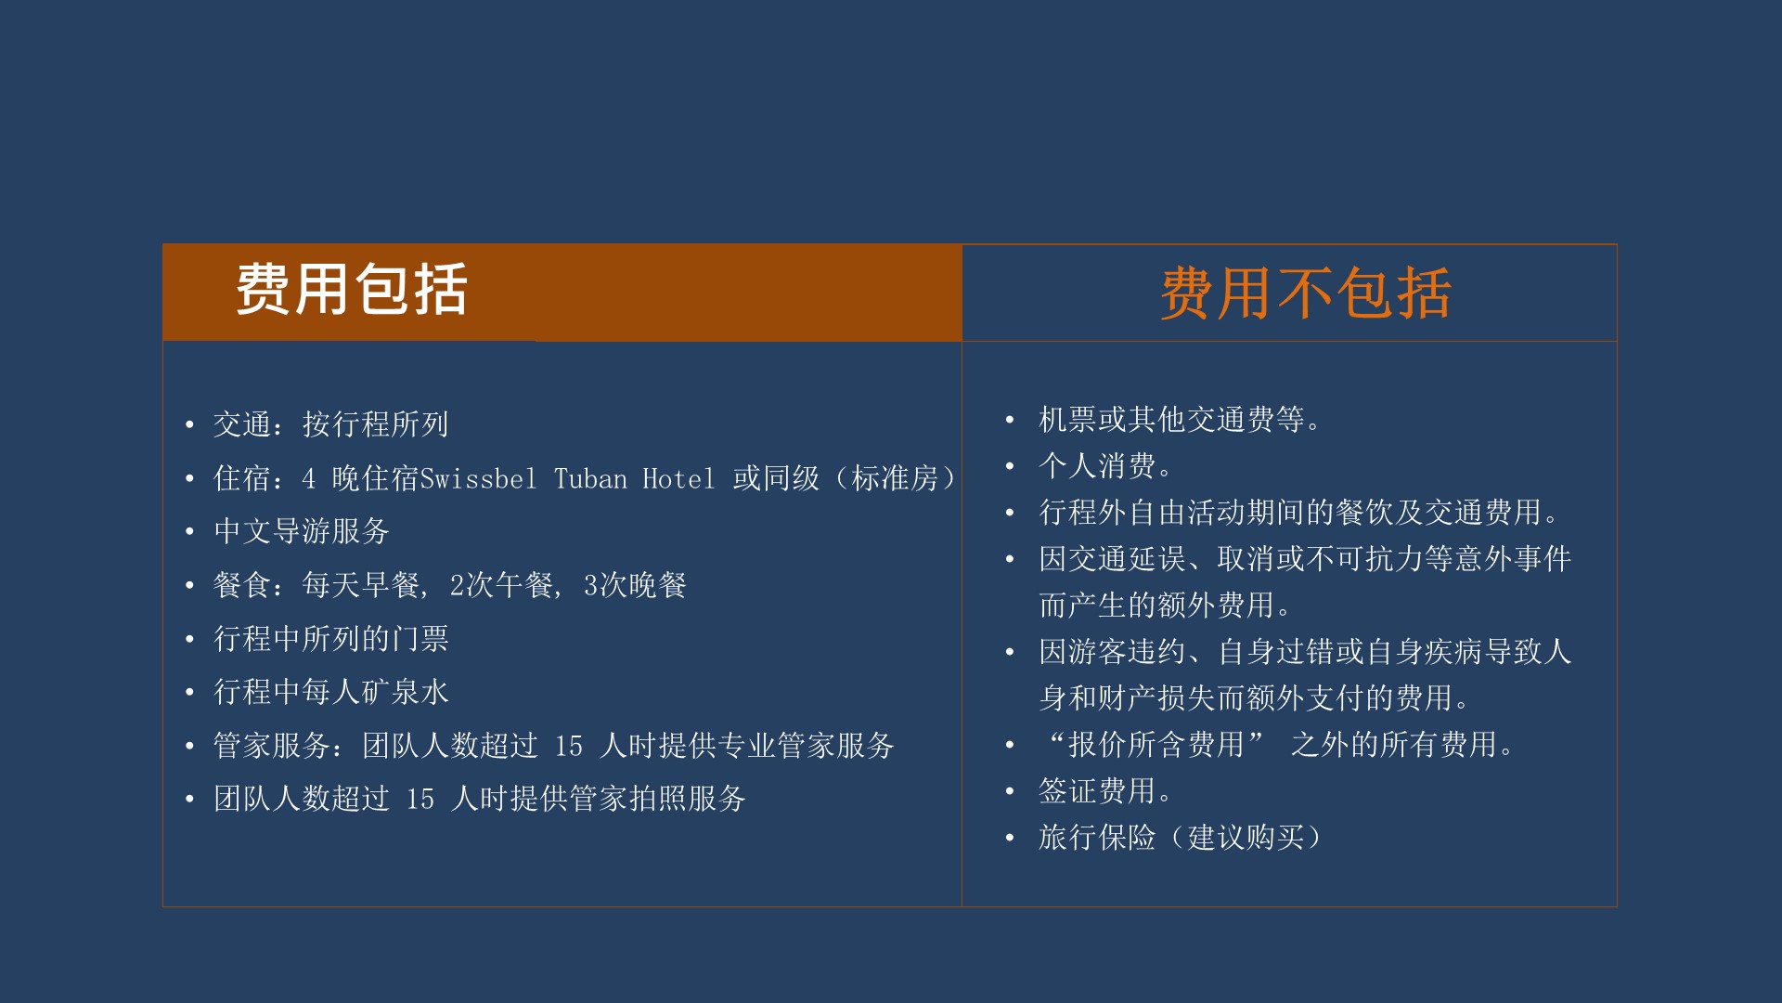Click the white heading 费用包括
[351, 290]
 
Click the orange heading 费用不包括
[1305, 293]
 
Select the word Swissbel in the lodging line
[479, 479]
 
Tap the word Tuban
[590, 479]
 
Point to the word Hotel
[678, 479]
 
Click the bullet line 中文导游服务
[302, 531]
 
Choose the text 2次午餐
[501, 585]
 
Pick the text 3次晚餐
[635, 585]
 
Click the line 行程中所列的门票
[331, 639]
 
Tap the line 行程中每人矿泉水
[331, 692]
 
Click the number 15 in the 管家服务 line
[569, 746]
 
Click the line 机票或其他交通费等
[1179, 420]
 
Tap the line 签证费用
[1104, 791]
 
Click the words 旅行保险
[1097, 838]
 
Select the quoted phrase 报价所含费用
[1156, 745]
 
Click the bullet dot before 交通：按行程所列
[189, 425]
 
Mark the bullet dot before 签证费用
[1010, 791]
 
